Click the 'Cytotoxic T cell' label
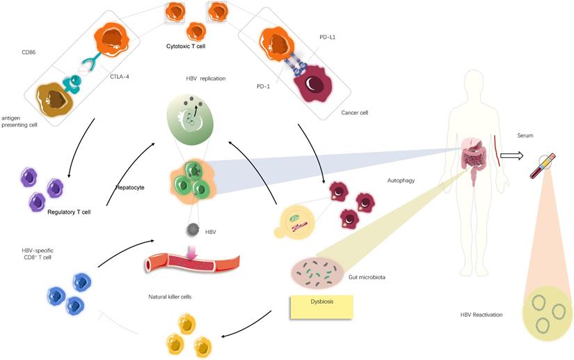click(185, 46)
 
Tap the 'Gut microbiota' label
click(367, 277)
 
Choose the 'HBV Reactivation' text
click(481, 315)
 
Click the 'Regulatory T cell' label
click(70, 212)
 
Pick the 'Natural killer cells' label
click(170, 297)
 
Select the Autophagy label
click(401, 180)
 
